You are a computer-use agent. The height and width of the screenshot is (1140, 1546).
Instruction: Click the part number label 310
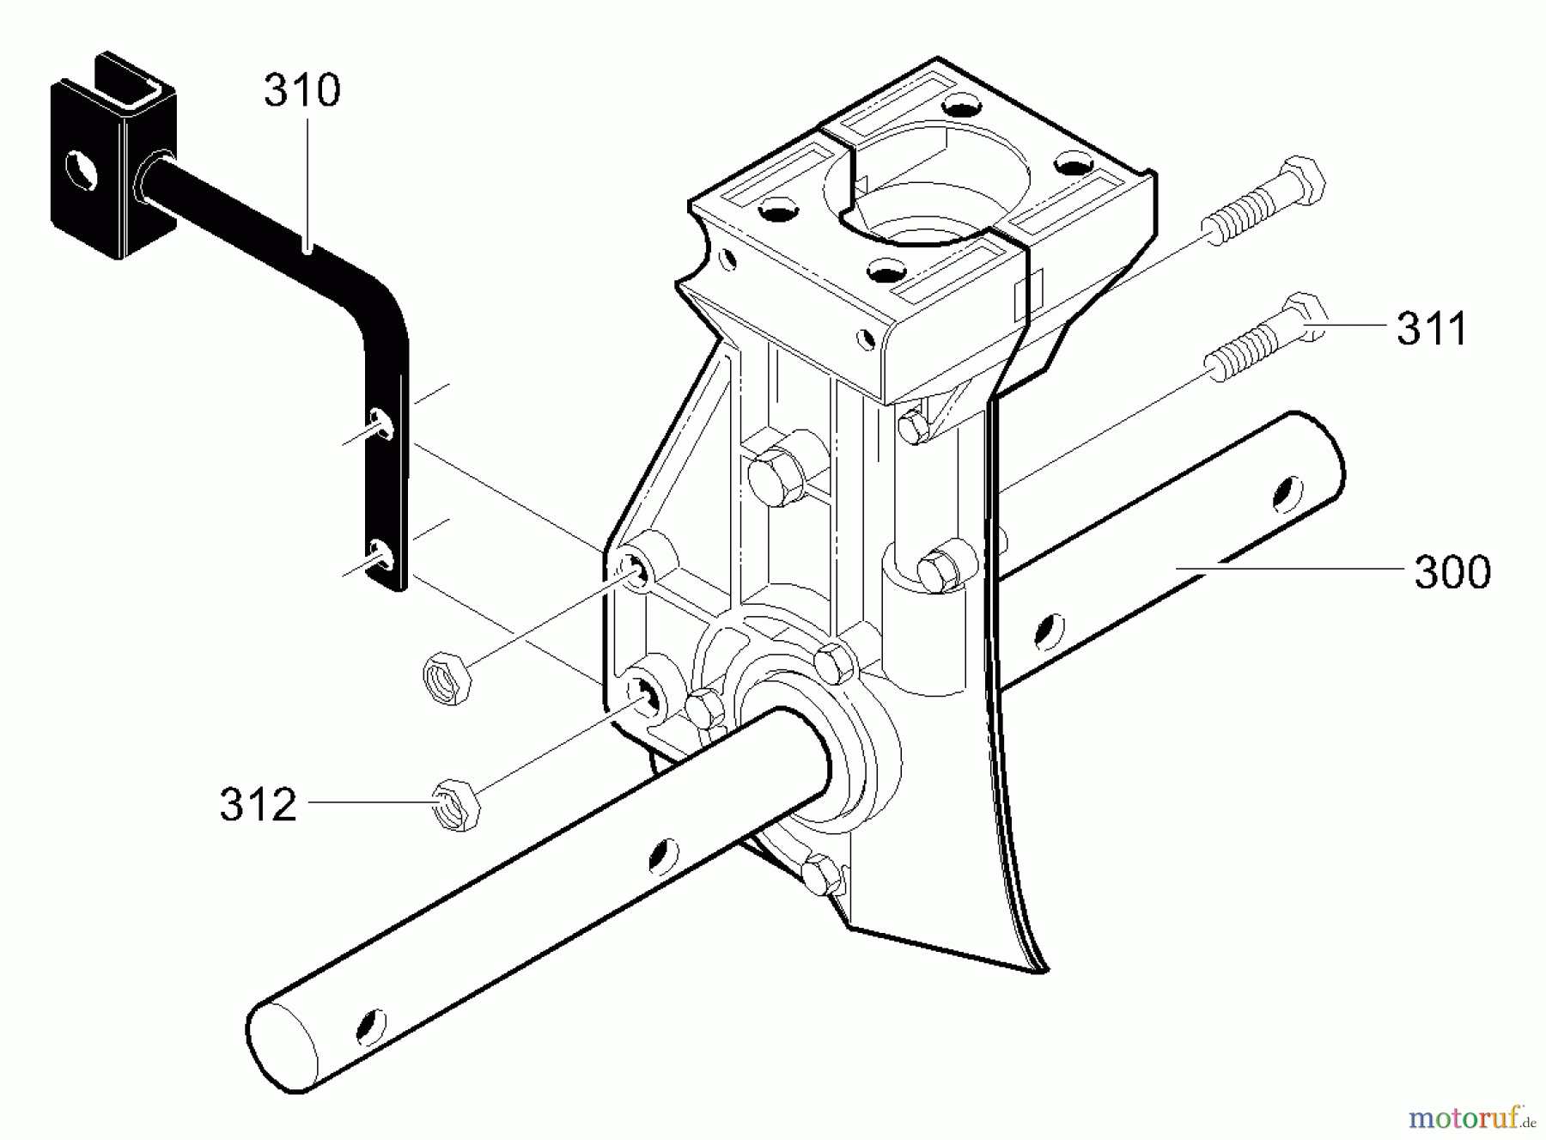coord(301,90)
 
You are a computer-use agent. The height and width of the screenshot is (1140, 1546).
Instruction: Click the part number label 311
coord(1432,329)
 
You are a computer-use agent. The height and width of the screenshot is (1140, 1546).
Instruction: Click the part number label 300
coord(1452,572)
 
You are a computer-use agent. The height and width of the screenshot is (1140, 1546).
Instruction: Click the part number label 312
coord(258,805)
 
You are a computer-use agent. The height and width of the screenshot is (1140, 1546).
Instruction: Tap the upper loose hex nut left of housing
coord(446,678)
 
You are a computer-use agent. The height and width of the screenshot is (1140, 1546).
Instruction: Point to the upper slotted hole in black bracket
coord(383,422)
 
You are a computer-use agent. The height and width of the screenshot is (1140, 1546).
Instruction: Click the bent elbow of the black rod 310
coord(378,301)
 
